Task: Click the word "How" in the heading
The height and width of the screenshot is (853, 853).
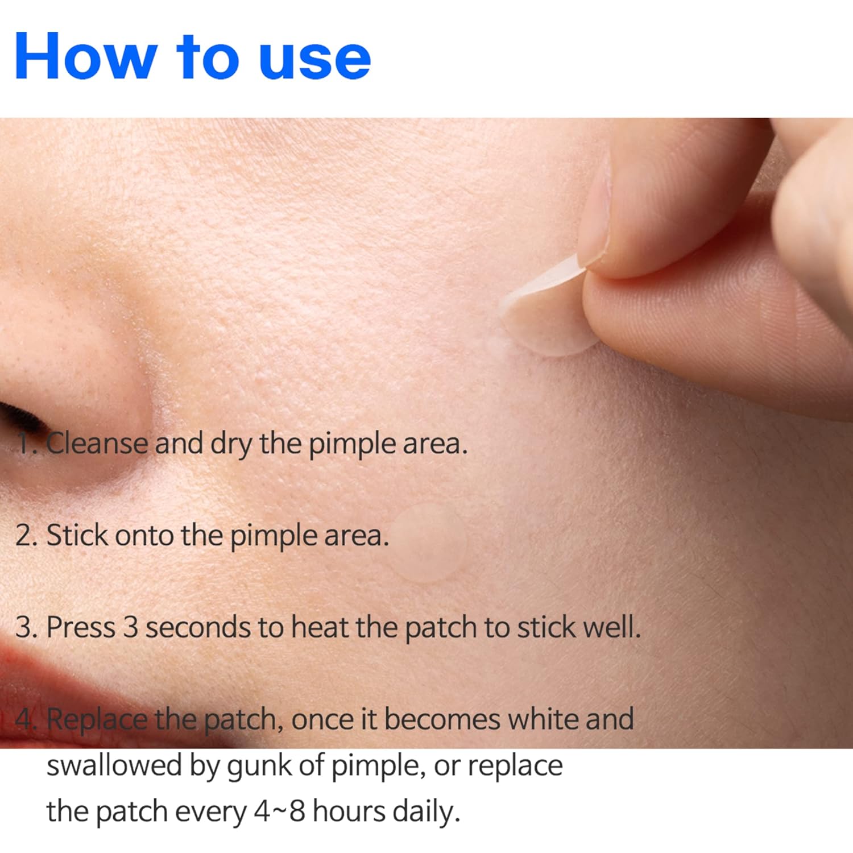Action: point(85,56)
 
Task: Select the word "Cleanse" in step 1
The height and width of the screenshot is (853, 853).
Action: point(96,443)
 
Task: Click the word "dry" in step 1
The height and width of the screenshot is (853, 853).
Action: point(231,445)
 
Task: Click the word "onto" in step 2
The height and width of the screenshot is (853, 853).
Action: point(144,537)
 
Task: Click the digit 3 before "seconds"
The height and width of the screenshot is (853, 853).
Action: point(131,627)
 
